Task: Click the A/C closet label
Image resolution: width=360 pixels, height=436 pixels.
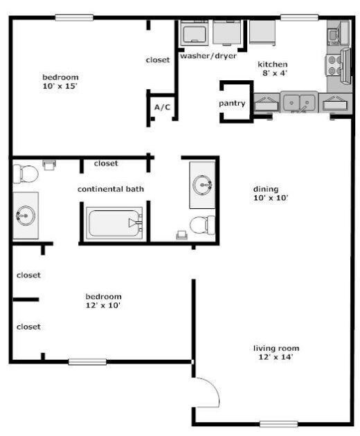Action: click(163, 107)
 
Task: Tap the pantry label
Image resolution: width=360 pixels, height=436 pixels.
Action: click(232, 103)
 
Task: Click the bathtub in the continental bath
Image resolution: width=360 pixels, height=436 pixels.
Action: click(114, 223)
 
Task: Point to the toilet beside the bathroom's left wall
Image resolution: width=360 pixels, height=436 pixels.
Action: click(26, 173)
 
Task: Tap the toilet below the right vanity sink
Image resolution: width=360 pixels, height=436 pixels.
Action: click(201, 225)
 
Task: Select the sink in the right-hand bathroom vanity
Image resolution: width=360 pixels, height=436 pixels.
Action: click(203, 184)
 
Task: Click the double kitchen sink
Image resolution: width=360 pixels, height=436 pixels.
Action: click(299, 102)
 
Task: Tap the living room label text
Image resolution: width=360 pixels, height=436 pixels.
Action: click(276, 348)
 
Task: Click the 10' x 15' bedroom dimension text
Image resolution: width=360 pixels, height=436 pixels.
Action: click(60, 87)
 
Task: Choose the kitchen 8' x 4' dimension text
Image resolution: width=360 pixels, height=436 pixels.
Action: click(273, 73)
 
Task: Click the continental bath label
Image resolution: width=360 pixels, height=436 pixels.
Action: click(110, 189)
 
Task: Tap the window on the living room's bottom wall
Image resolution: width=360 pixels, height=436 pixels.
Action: click(278, 424)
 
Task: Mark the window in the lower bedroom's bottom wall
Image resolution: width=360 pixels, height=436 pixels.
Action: click(87, 361)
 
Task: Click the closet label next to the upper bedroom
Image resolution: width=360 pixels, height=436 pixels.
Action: click(158, 60)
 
